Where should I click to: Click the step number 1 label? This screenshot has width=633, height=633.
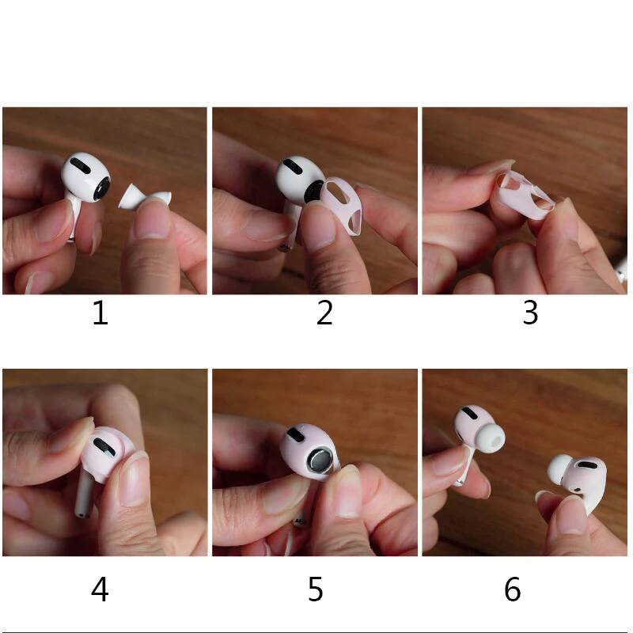click(100, 313)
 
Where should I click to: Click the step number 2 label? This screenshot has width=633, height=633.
click(324, 313)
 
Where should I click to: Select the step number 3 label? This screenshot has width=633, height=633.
click(530, 313)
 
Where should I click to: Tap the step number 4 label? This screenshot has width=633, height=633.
click(100, 589)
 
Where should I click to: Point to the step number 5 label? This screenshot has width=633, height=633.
click(316, 589)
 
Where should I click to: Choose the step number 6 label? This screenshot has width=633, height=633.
click(513, 589)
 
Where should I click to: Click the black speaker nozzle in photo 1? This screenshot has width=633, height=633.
click(101, 188)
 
